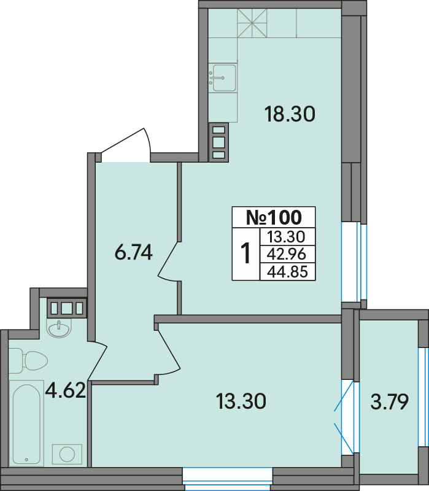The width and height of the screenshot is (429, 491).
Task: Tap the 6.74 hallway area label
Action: click(134, 252)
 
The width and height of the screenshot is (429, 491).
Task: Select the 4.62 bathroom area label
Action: click(66, 390)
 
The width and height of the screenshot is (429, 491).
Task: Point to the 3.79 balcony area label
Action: click(390, 402)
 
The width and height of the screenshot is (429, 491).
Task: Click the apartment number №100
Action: click(274, 217)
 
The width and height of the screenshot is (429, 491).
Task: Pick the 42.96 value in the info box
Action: click(286, 254)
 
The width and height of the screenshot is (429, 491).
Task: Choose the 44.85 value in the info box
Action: click(287, 271)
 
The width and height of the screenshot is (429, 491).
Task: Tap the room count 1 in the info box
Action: click(245, 253)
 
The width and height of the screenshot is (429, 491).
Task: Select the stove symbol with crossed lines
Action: click(252, 23)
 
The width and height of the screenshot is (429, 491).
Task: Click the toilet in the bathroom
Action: click(28, 361)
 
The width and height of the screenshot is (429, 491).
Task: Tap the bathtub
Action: click(26, 423)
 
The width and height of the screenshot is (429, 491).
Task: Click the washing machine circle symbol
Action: click(67, 454)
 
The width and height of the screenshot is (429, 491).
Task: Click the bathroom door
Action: click(98, 361)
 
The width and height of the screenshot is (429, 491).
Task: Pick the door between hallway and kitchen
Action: click(169, 261)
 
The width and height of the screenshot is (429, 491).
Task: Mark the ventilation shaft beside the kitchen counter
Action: click(218, 142)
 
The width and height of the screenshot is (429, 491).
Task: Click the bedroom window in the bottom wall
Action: click(228, 478)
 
